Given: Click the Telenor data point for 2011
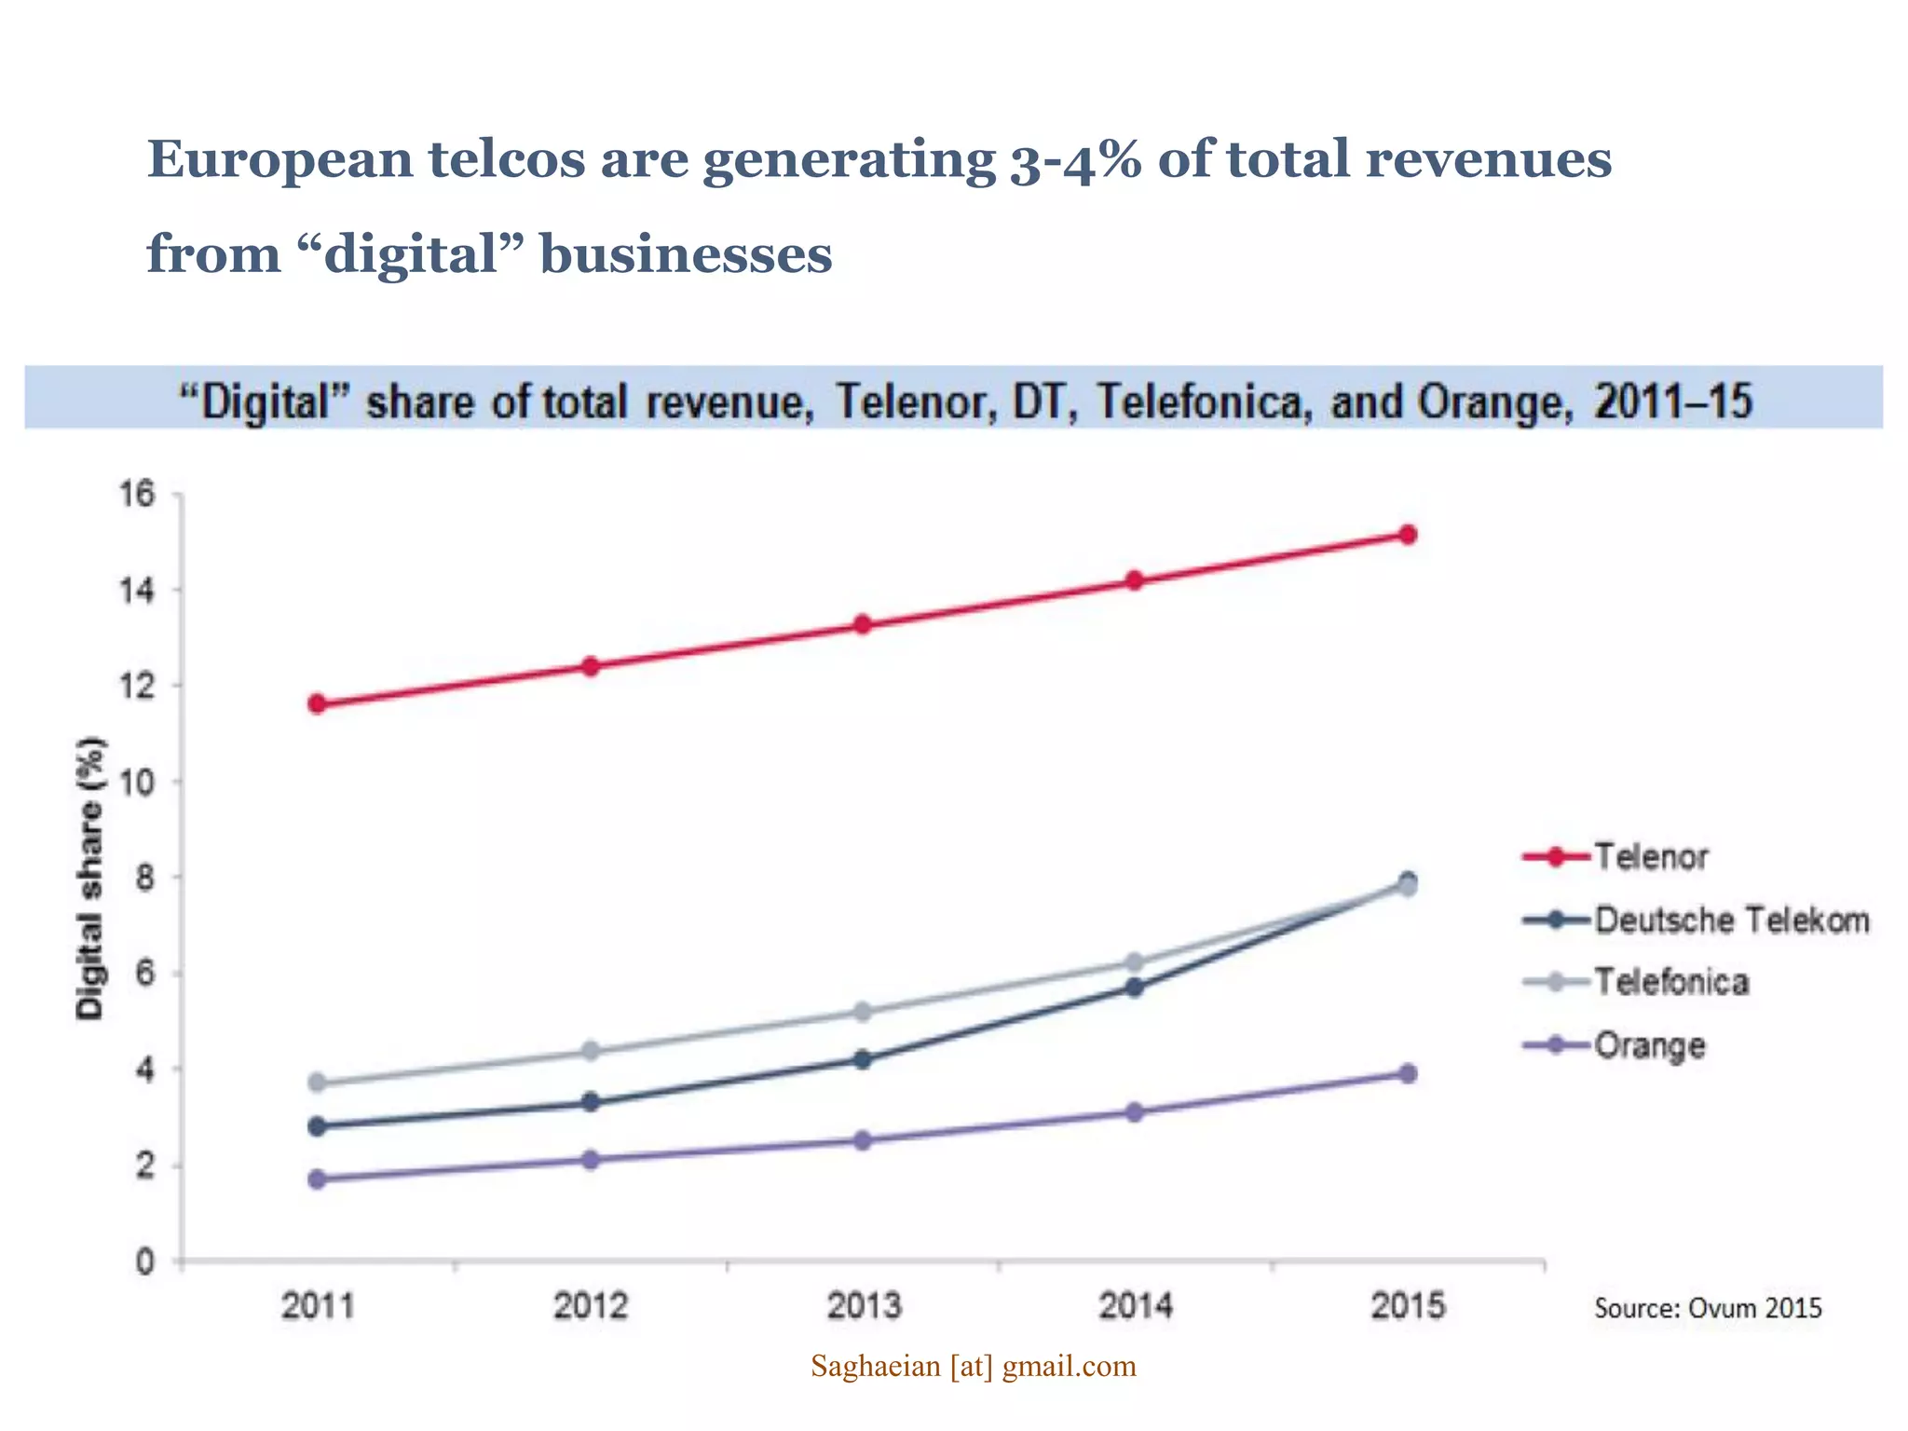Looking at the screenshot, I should (x=317, y=703).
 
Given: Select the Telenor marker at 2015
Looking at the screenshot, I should (x=1408, y=534).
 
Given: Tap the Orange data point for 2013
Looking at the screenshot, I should (x=862, y=1140).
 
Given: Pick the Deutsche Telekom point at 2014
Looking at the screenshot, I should (x=1134, y=987).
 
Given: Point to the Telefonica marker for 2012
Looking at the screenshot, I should (x=590, y=1051).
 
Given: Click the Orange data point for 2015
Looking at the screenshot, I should (x=1408, y=1073).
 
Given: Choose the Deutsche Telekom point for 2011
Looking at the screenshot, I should (x=317, y=1125).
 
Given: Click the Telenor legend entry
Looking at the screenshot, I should (x=1650, y=856).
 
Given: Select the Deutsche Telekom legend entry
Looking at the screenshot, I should (x=1731, y=920).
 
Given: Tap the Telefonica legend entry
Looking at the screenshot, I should (x=1670, y=982).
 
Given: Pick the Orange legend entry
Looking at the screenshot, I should (x=1649, y=1045).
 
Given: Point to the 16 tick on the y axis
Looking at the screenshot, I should (x=136, y=494).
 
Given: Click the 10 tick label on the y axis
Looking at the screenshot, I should (x=136, y=782).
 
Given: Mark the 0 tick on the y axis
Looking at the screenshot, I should (x=144, y=1262).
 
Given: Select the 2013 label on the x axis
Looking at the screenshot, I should (x=864, y=1306).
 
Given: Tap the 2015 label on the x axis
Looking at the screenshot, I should (x=1408, y=1306).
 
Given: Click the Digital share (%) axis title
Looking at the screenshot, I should (x=90, y=878).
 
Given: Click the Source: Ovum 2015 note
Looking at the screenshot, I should (x=1707, y=1308).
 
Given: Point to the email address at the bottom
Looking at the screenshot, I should (x=974, y=1366).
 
